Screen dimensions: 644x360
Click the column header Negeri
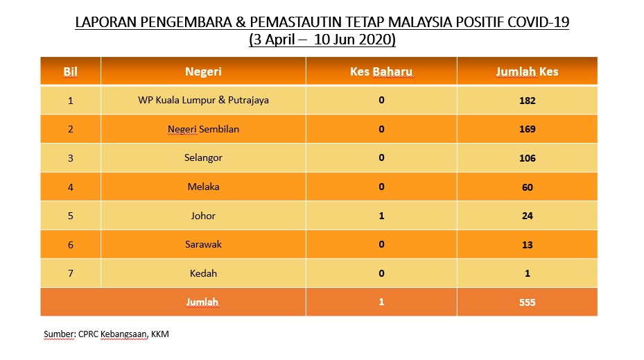click(203, 72)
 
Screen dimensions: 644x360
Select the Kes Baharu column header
click(381, 72)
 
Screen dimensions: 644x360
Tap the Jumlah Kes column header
click(527, 72)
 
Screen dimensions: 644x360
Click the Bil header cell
click(70, 72)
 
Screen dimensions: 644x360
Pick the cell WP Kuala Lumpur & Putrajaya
click(203, 101)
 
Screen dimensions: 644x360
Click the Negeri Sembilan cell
click(203, 130)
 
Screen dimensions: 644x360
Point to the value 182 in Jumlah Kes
click(528, 101)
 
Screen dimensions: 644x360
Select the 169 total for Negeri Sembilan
click(528, 130)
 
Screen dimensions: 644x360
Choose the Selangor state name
click(203, 158)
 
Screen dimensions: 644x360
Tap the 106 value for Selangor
click(528, 158)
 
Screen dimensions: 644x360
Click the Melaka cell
click(203, 187)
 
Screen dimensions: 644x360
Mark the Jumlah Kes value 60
click(528, 187)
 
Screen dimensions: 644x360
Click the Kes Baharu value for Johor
click(381, 216)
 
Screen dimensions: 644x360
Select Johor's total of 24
click(528, 216)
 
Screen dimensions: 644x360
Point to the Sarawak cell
click(203, 245)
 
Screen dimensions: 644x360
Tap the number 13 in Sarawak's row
click(528, 245)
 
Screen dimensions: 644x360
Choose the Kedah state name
click(203, 274)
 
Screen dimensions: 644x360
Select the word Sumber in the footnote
click(60, 334)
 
